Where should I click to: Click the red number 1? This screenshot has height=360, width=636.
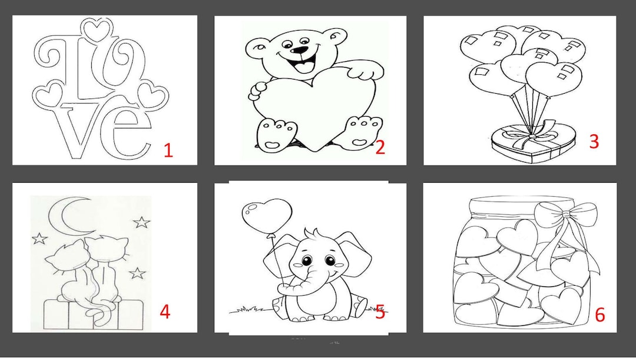click(x=168, y=150)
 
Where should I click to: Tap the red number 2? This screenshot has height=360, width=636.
click(x=380, y=147)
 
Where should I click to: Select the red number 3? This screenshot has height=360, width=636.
click(x=594, y=141)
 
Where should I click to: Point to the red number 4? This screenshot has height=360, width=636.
click(x=165, y=312)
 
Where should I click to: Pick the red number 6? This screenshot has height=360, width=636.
click(x=600, y=315)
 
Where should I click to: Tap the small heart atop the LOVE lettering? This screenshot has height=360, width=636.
click(x=96, y=29)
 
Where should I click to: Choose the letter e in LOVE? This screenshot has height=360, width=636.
click(x=130, y=133)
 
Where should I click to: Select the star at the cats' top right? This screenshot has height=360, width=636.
click(x=141, y=222)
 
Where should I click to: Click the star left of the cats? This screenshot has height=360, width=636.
click(x=39, y=238)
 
